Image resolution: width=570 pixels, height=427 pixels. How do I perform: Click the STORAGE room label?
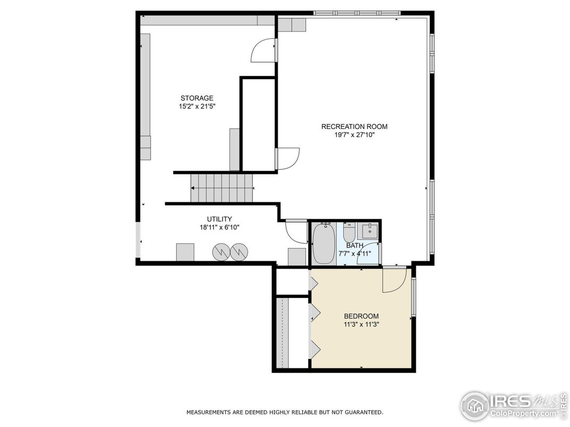coord(197,98)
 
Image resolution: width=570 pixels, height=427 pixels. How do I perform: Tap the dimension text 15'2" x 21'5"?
coord(197,106)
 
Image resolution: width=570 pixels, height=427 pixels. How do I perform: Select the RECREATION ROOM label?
coord(354,126)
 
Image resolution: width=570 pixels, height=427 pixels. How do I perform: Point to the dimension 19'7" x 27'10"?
coord(354,135)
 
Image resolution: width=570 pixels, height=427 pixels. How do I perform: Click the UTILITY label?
coord(219,219)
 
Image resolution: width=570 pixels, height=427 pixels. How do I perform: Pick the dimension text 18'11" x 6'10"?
coord(219,227)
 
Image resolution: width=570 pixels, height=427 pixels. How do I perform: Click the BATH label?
coord(355,245)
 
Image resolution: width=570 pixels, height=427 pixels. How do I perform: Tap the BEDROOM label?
coord(361,316)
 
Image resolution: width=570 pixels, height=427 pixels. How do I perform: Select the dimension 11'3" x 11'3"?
coord(361,324)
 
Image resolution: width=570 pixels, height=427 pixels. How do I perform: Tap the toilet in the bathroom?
coord(349,233)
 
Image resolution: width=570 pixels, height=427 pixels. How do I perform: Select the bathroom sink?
coord(370,230)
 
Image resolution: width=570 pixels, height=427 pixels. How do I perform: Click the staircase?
coord(222,187)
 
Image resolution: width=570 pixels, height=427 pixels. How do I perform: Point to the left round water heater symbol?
coord(221,252)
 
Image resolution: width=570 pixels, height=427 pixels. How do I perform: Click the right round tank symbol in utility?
coord(239,252)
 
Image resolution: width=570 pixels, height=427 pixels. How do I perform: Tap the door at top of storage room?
coord(264,50)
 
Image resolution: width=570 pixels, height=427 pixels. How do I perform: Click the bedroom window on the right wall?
coord(414,297)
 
